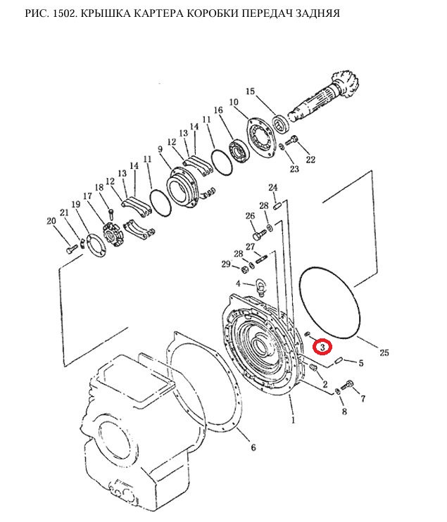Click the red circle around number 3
coord(322,347)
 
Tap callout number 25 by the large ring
coord(384,352)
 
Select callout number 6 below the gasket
coord(253,447)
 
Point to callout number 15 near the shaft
coord(250,91)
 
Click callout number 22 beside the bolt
coord(310,160)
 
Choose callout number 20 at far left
coord(51,221)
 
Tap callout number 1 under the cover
coord(293,420)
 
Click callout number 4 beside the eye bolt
coord(238,284)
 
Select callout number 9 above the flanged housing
coord(160,149)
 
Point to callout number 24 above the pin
coord(273,187)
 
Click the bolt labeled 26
coord(260,234)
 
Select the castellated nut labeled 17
coord(112,235)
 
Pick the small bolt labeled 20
coord(71,249)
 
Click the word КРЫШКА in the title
coord(106,13)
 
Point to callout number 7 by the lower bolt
coord(363,398)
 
